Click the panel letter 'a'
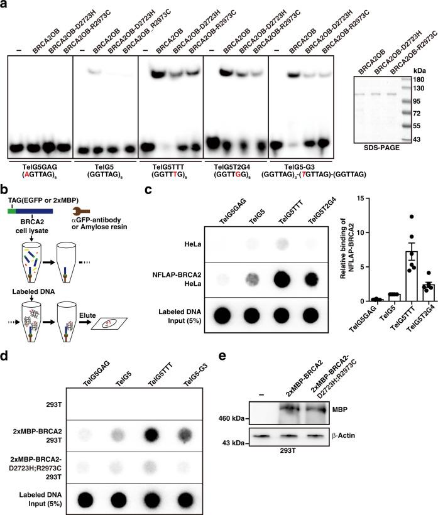point(4,5)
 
